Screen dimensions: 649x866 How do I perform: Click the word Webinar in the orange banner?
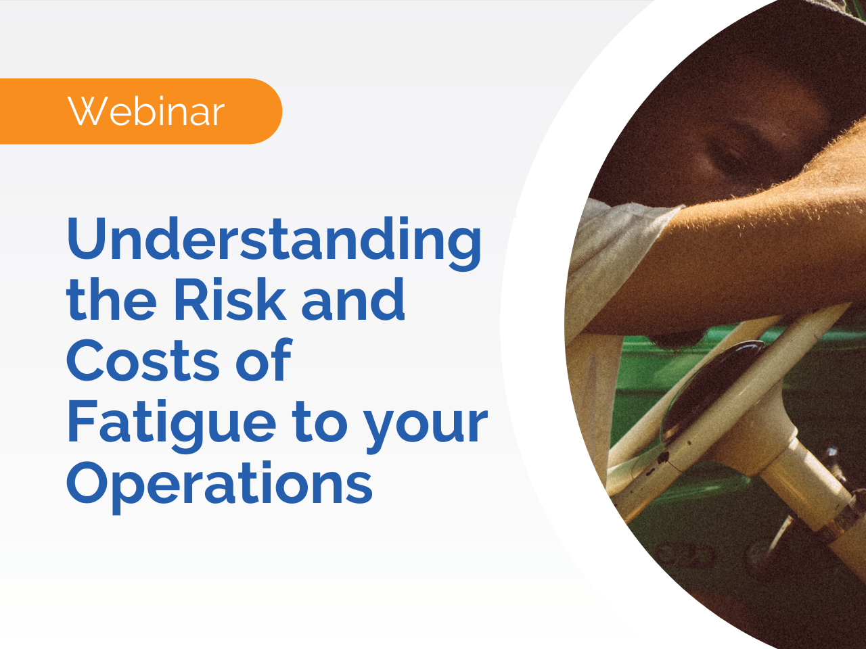[145, 112]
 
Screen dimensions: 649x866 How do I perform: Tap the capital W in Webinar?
[86, 112]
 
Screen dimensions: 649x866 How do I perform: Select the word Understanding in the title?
[274, 240]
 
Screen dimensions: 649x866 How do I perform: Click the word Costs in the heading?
[143, 360]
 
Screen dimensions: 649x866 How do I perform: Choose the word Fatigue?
[172, 423]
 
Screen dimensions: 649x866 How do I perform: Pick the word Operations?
[219, 483]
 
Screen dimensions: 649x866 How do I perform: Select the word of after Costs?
[263, 360]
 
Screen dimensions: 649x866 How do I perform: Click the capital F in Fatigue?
[83, 421]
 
